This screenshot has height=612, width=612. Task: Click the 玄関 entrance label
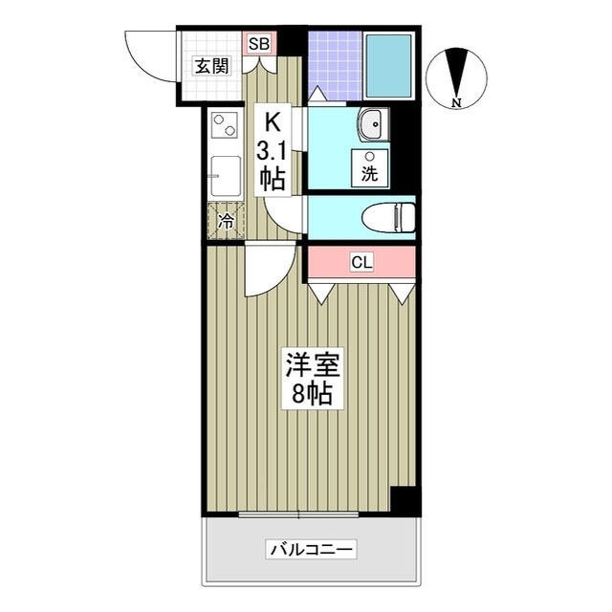tap(211, 66)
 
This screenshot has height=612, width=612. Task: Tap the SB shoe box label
tap(258, 43)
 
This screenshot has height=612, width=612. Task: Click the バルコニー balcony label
tap(312, 550)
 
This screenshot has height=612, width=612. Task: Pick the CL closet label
tap(361, 262)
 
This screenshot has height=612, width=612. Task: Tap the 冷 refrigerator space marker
tap(226, 221)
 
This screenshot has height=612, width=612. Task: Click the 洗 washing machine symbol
tap(369, 169)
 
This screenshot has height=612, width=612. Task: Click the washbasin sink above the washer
tap(373, 123)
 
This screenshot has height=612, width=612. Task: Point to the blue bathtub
tap(388, 65)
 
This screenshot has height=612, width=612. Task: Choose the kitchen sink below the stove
tap(226, 176)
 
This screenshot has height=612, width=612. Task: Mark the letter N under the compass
tap(456, 102)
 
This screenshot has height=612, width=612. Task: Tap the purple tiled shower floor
tap(334, 65)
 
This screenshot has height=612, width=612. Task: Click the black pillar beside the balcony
tap(405, 500)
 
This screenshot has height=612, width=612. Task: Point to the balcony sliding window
tap(297, 515)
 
